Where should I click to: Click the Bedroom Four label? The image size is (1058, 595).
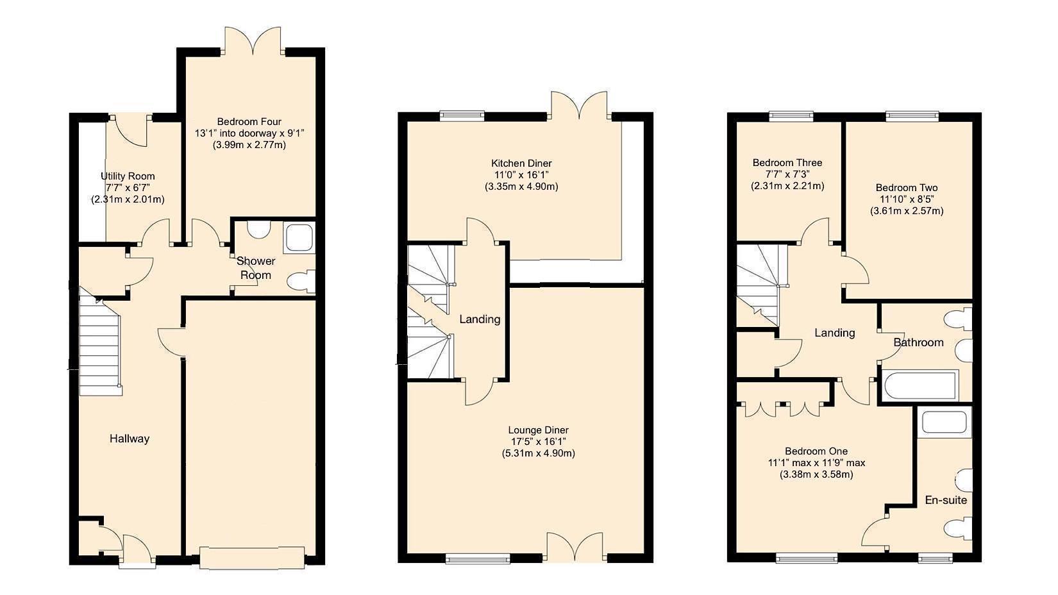coord(249,122)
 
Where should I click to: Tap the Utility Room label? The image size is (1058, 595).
coord(128,176)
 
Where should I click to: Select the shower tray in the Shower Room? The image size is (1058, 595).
coord(299,237)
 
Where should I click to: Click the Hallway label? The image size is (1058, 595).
coord(129,439)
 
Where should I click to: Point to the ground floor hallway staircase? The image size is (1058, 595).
coord(99,349)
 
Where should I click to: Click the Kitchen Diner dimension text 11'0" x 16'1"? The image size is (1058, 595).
coord(521,175)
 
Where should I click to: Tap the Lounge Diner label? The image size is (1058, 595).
coord(538,430)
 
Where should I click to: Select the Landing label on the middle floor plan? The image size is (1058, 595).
coord(480,319)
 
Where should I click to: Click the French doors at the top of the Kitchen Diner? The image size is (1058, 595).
coord(579,106)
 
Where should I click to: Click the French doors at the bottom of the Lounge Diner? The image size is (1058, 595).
coord(575,547)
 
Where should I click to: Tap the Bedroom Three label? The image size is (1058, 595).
coord(787,163)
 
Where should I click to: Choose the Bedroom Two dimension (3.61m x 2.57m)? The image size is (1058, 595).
coord(906,210)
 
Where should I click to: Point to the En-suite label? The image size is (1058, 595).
coord(945,500)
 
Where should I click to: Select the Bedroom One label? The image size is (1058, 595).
coord(816,451)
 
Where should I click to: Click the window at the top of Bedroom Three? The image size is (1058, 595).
coord(791,116)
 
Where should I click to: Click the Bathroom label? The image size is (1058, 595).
coord(918,342)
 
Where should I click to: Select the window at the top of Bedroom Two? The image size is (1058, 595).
coord(912,116)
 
